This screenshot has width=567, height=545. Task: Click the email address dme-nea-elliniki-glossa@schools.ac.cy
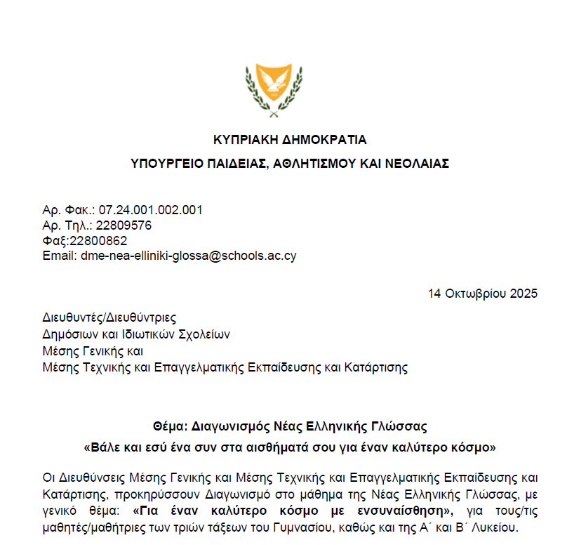[x=189, y=256]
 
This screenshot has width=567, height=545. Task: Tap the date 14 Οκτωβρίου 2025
[x=482, y=294]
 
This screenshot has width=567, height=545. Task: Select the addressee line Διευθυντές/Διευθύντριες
[x=109, y=318]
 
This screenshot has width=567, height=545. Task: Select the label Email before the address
[x=58, y=256]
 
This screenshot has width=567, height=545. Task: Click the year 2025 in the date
[x=524, y=294]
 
